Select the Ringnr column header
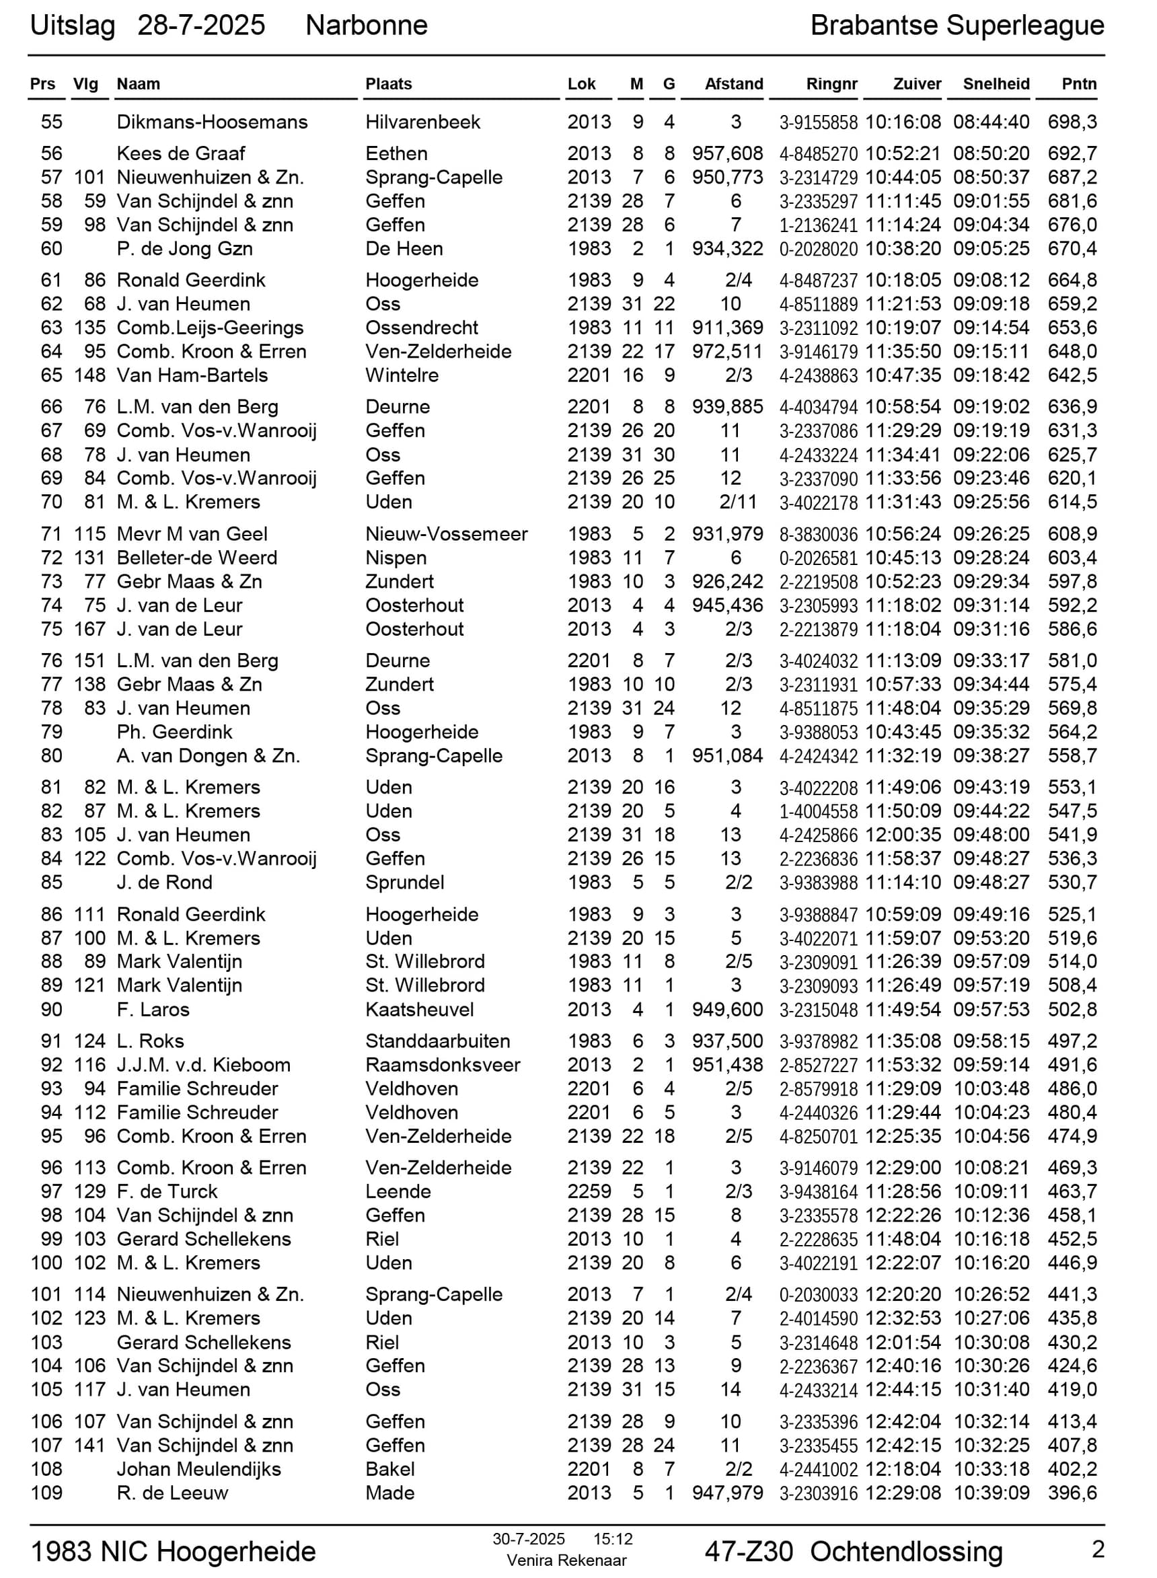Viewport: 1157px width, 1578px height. click(831, 84)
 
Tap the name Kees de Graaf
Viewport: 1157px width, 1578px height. click(181, 153)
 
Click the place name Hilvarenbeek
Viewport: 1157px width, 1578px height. click(422, 122)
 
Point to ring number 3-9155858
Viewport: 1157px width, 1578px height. click(818, 122)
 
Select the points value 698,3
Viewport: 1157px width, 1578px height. click(1072, 122)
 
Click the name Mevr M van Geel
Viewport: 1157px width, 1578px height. click(192, 533)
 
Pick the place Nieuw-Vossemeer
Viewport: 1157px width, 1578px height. click(446, 533)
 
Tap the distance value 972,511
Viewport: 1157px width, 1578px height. click(727, 351)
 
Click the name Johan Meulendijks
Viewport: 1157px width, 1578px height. click(199, 1469)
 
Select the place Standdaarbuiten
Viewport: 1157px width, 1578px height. click(437, 1041)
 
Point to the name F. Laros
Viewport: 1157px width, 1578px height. click(153, 1009)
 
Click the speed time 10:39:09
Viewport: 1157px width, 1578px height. click(991, 1493)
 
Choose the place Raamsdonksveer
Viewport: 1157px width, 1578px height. click(443, 1065)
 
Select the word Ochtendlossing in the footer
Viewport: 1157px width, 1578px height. click(905, 1551)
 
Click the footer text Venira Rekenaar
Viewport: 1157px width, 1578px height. click(566, 1561)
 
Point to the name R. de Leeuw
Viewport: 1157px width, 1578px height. click(172, 1493)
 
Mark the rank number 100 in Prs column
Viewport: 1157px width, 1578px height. click(46, 1263)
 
